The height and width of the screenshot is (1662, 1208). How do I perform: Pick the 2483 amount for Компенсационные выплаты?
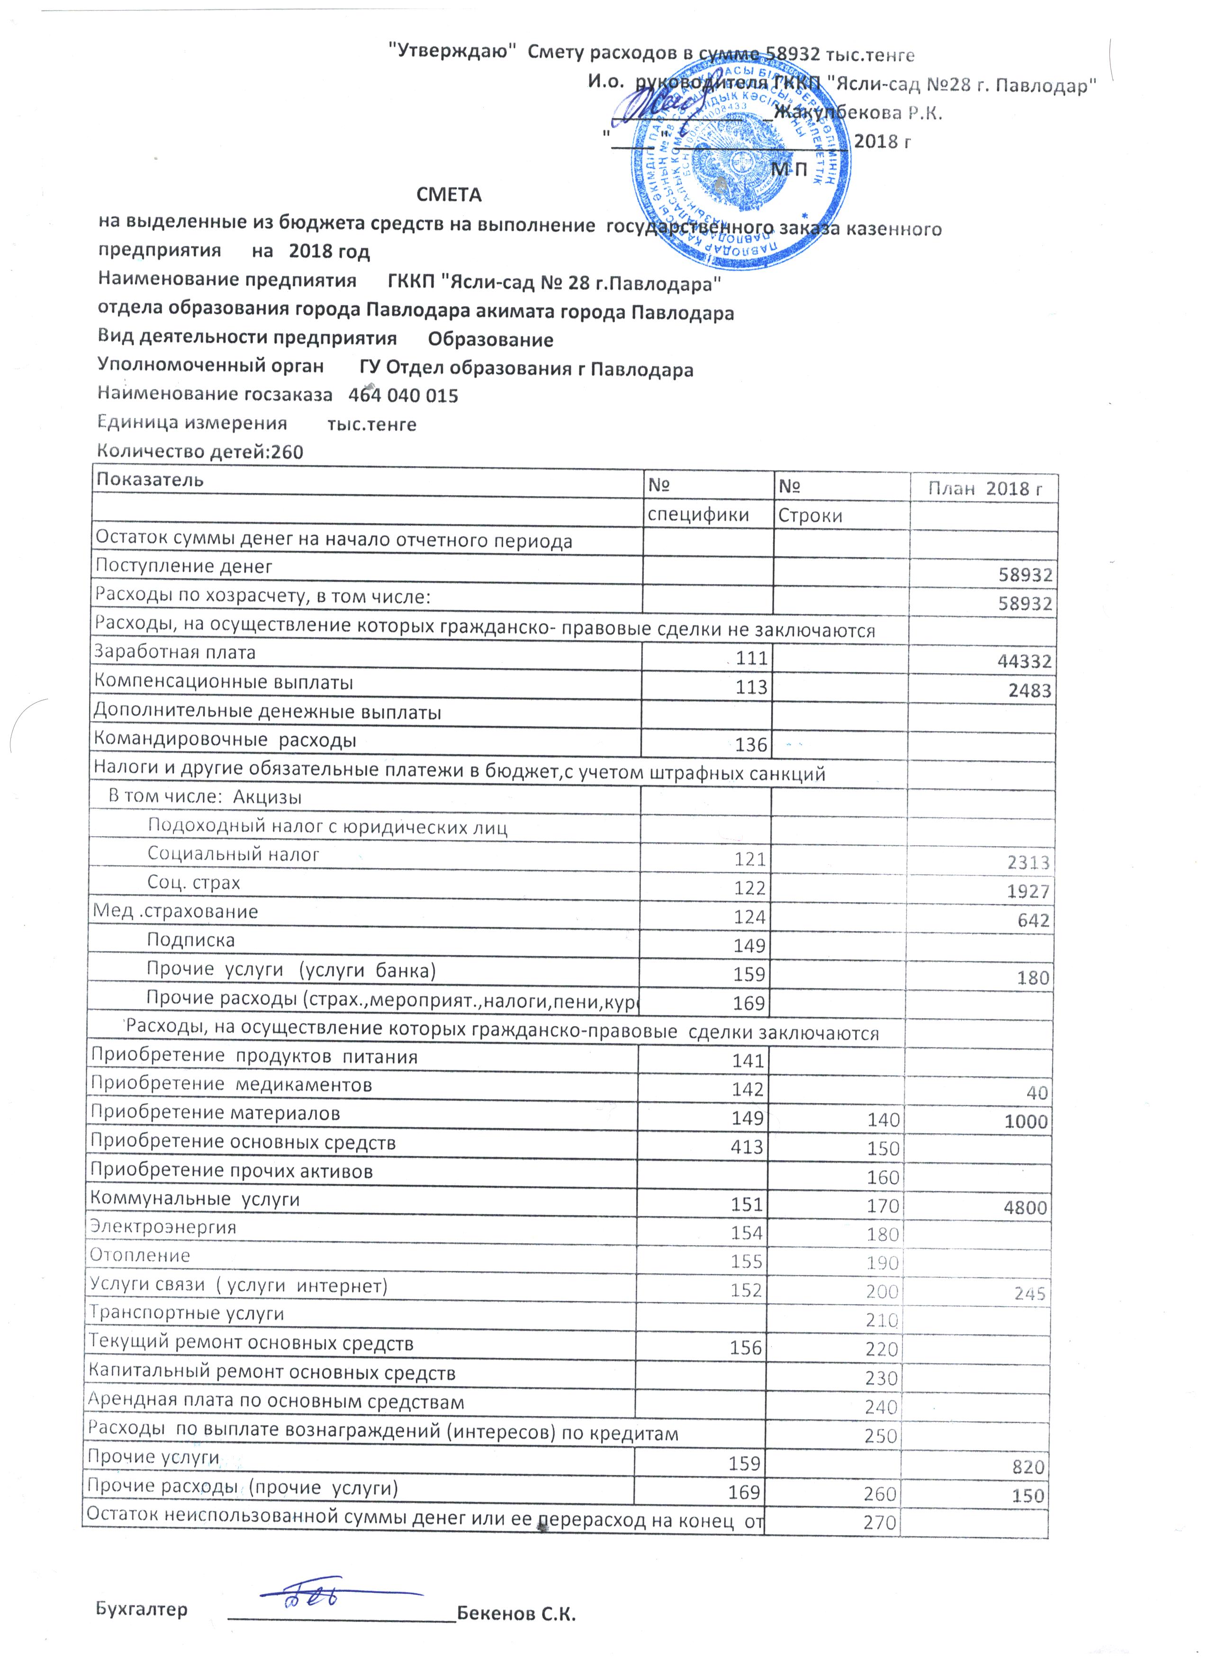(1030, 691)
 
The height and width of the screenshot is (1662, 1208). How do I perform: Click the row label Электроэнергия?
(162, 1228)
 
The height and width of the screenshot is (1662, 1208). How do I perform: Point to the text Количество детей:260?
(200, 452)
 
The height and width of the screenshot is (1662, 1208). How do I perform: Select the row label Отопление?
(139, 1256)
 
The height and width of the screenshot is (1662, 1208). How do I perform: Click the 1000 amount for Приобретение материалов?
(1026, 1122)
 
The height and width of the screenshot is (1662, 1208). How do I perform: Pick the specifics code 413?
(747, 1147)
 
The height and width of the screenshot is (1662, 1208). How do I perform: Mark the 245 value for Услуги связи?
(1029, 1294)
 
